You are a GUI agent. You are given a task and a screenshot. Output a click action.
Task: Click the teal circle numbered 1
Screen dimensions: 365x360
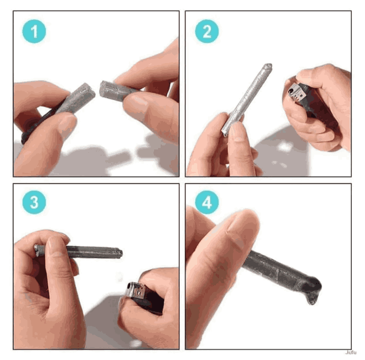[x=34, y=32]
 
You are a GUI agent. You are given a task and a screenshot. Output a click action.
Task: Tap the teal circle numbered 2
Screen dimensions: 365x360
[x=207, y=32]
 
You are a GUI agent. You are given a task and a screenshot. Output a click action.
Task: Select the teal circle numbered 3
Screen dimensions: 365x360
[x=34, y=202]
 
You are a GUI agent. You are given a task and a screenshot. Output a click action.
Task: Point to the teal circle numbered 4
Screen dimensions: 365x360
[x=207, y=202]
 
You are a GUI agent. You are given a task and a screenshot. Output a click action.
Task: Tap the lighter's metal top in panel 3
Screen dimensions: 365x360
[x=136, y=290]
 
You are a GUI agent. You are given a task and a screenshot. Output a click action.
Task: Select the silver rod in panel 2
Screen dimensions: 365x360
[x=247, y=100]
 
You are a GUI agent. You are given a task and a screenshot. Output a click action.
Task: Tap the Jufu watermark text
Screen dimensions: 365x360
[x=351, y=352]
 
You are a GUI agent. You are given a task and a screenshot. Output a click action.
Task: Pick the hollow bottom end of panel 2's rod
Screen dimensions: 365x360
[x=225, y=134]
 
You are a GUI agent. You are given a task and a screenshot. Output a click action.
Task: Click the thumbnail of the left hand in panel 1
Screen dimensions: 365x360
[x=68, y=125]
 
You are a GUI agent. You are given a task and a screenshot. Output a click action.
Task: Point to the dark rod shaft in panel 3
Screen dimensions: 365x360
[x=93, y=252]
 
